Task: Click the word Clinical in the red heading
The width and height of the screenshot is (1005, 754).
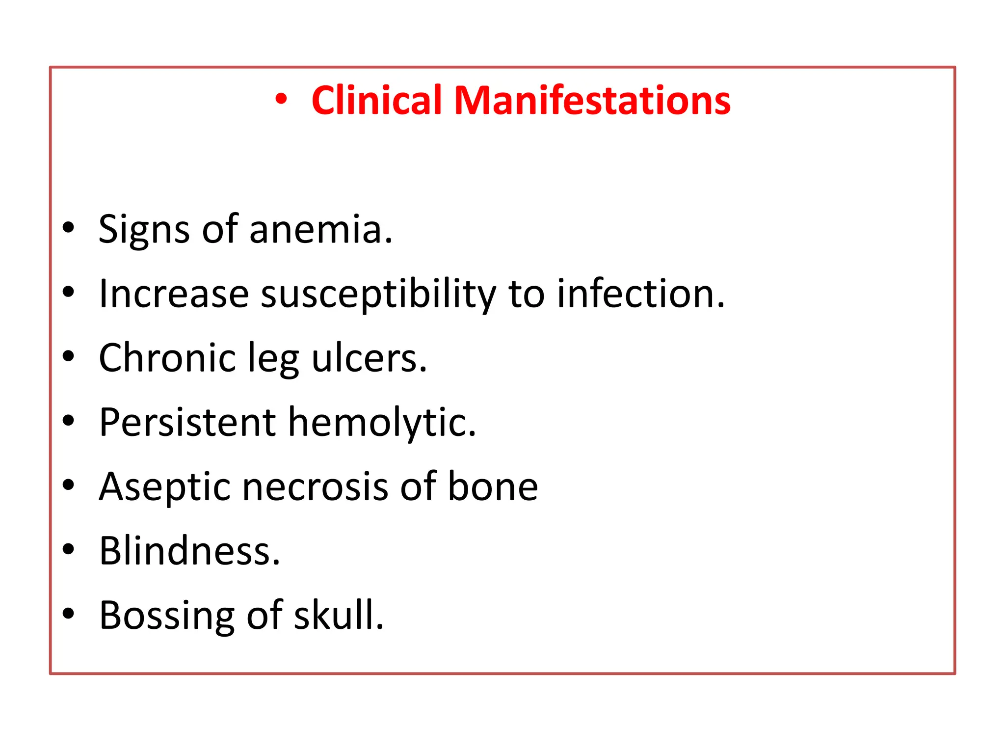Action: (x=376, y=101)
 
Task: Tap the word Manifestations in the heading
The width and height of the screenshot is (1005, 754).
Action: (x=592, y=101)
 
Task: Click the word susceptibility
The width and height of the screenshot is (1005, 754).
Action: (x=378, y=295)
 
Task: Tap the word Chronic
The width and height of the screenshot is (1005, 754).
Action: (x=167, y=358)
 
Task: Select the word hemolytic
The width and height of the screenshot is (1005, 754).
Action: (x=381, y=424)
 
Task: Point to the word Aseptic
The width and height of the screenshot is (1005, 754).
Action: (x=164, y=487)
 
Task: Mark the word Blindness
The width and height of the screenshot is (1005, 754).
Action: (x=189, y=551)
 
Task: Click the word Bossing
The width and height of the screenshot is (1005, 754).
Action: (x=167, y=617)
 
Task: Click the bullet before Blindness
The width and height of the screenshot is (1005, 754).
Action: (x=69, y=549)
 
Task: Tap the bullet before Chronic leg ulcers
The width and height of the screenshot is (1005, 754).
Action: (x=69, y=356)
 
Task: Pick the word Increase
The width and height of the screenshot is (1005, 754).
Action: (x=174, y=295)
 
